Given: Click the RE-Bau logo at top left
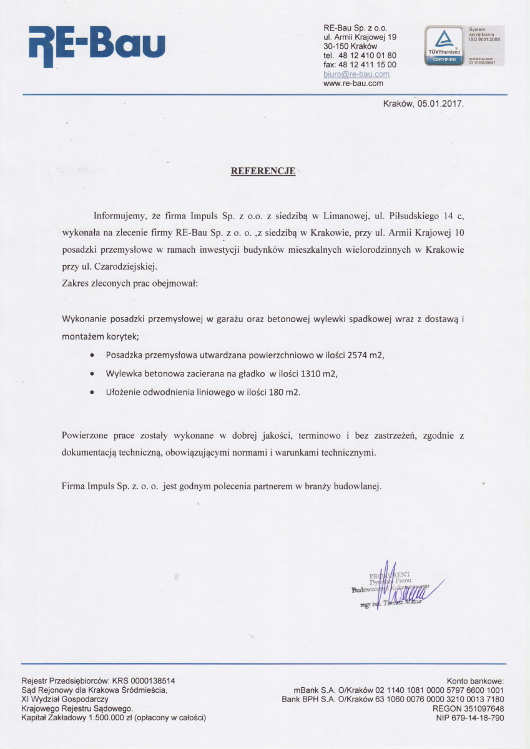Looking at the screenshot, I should pos(97,45).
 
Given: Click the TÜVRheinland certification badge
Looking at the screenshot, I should pos(444,45).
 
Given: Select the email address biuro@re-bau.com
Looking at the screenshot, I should pos(356,74).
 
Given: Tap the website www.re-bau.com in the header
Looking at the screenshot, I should pos(353,82).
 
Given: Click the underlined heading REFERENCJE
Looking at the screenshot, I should pos(263,170).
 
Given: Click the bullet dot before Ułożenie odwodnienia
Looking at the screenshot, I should pos(93,392).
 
